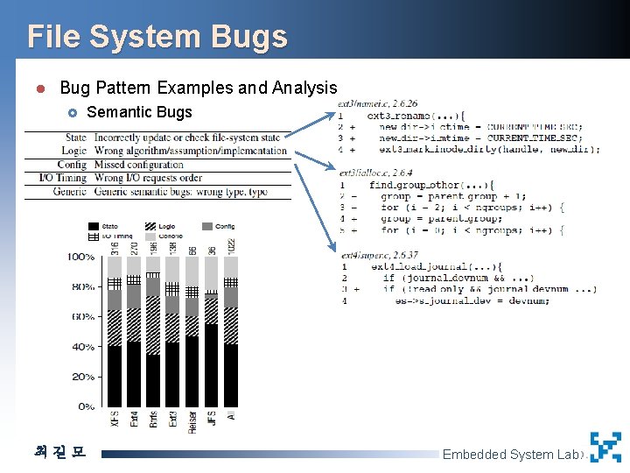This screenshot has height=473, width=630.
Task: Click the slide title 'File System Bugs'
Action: point(157,37)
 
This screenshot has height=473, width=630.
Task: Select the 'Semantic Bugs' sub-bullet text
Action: point(140,111)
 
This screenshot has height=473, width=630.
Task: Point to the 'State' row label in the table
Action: point(75,138)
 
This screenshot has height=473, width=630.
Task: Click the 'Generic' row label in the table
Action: point(69,191)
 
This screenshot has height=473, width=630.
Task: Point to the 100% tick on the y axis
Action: point(80,257)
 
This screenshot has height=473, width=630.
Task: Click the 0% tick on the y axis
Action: point(86,406)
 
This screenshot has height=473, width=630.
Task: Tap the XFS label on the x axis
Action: point(115,421)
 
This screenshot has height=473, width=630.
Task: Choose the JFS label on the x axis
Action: point(212,421)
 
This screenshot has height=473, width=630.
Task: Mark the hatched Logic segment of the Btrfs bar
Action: point(153,325)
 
